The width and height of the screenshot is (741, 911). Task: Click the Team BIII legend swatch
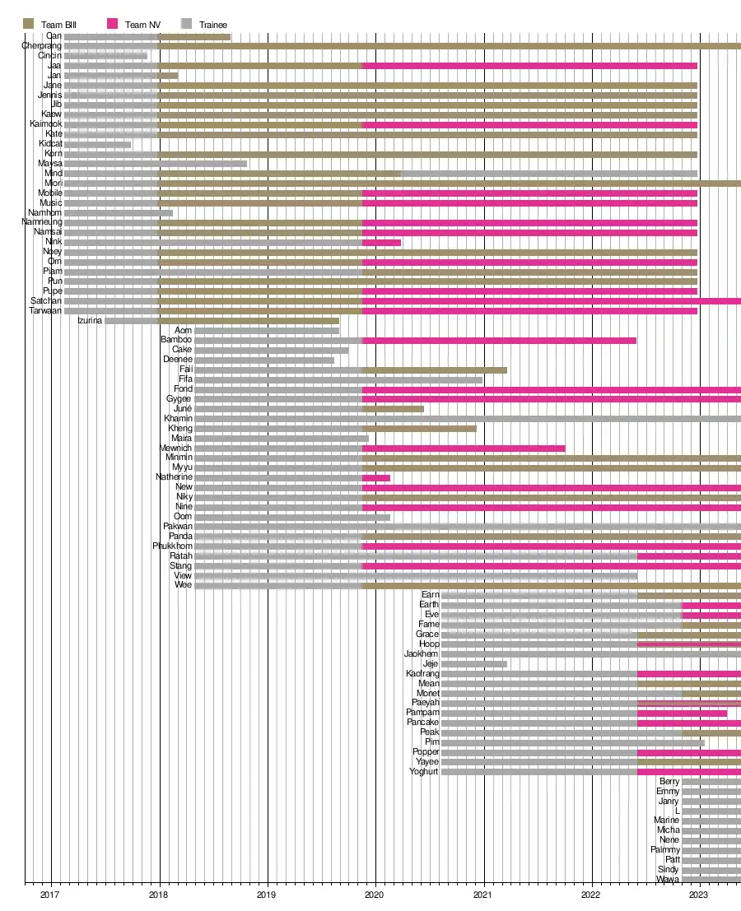pyautogui.click(x=29, y=25)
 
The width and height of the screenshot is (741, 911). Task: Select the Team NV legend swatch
pyautogui.click(x=113, y=25)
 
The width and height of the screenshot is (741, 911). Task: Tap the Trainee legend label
pyautogui.click(x=213, y=25)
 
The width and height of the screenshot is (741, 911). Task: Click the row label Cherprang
pyautogui.click(x=41, y=46)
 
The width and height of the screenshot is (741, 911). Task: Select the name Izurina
pyautogui.click(x=90, y=321)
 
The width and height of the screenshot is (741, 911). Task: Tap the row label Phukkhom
pyautogui.click(x=173, y=546)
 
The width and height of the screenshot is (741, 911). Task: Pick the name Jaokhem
pyautogui.click(x=422, y=654)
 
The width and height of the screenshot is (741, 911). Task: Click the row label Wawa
pyautogui.click(x=668, y=880)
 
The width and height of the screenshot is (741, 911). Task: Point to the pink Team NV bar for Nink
pyautogui.click(x=381, y=243)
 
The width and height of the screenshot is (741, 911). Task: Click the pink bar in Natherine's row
pyautogui.click(x=376, y=478)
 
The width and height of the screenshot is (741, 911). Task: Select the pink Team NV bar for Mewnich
pyautogui.click(x=464, y=449)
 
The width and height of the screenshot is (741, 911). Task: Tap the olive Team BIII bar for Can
pyautogui.click(x=195, y=37)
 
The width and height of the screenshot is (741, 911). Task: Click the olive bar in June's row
pyautogui.click(x=393, y=409)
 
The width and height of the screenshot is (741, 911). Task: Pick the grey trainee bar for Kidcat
pyautogui.click(x=97, y=145)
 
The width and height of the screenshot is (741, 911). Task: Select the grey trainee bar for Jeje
pyautogui.click(x=474, y=664)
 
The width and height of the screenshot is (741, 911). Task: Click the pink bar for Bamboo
pyautogui.click(x=499, y=341)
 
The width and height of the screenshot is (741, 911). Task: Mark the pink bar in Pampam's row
pyautogui.click(x=682, y=713)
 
